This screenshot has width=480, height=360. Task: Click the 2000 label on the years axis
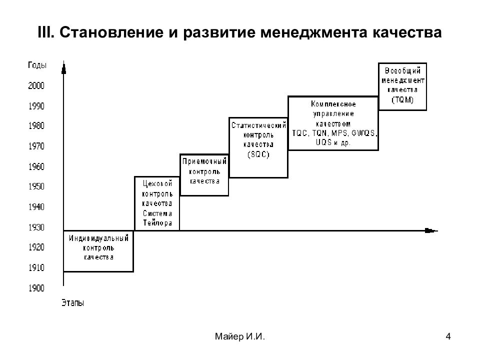pyautogui.click(x=36, y=85)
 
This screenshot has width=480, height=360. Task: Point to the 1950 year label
pyautogui.click(x=36, y=186)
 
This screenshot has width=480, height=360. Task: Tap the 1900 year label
pyautogui.click(x=36, y=288)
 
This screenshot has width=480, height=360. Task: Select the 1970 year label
pyautogui.click(x=36, y=146)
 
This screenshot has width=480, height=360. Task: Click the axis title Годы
pyautogui.click(x=37, y=65)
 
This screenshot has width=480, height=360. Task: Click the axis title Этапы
pyautogui.click(x=73, y=303)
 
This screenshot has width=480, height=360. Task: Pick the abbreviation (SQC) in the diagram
pyautogui.click(x=258, y=154)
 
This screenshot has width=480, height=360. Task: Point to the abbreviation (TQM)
pyautogui.click(x=402, y=100)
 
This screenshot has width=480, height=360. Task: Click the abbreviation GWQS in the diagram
pyautogui.click(x=364, y=133)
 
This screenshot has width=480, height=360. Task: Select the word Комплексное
pyautogui.click(x=333, y=104)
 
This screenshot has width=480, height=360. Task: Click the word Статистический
pyautogui.click(x=258, y=125)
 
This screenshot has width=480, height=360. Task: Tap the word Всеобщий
pyautogui.click(x=402, y=70)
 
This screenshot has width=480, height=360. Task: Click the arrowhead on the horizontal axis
pyautogui.click(x=431, y=230)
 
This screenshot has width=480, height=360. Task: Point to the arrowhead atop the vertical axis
pyautogui.click(x=63, y=67)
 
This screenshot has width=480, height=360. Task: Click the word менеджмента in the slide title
pyautogui.click(x=313, y=32)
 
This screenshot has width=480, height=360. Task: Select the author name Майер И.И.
pyautogui.click(x=239, y=336)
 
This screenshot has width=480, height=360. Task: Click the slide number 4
pyautogui.click(x=448, y=336)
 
